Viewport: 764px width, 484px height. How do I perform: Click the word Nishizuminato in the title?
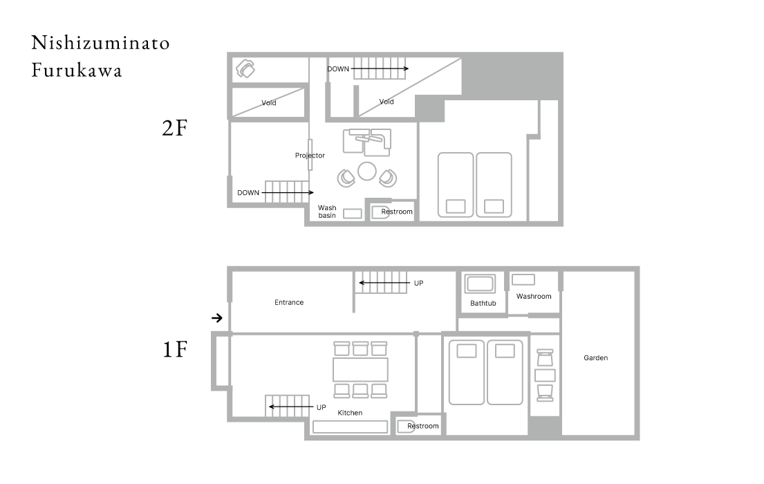pos(101,43)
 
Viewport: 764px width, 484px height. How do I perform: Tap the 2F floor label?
pos(174,128)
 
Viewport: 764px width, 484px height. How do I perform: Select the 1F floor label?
pos(175,349)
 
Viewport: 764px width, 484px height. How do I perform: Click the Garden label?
pos(595,357)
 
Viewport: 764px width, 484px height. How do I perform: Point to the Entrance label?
pos(289,302)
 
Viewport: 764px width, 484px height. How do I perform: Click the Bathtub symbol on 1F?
pos(480,283)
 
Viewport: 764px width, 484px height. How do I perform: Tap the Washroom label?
pos(534,297)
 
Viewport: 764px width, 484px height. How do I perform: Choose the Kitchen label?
pos(350,413)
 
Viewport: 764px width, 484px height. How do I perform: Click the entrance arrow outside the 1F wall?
pos(217,318)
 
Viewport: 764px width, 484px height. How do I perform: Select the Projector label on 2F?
pos(310,156)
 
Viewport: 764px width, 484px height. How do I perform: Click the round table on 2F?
pos(367,171)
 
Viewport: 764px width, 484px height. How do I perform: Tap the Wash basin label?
pos(327,212)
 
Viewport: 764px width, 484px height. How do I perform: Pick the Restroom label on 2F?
pos(397,212)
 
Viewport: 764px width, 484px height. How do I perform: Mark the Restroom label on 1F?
pos(423,426)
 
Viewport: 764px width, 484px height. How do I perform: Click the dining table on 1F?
pos(360,369)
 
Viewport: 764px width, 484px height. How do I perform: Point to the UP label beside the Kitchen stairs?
pos(321,407)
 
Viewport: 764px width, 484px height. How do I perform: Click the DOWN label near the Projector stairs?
pos(248,193)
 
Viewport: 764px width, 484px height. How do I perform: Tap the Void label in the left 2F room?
pos(268,103)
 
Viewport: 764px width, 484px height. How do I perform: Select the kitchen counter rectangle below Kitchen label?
pos(350,427)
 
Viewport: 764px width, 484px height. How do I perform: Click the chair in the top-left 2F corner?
pos(245,68)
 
